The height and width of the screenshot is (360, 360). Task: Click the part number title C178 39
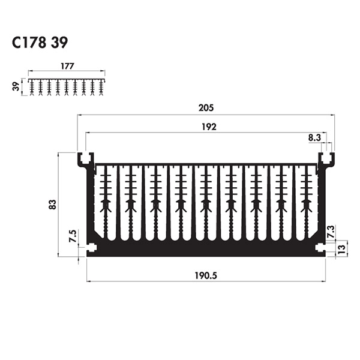click(40, 43)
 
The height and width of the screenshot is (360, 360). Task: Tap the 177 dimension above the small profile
click(67, 66)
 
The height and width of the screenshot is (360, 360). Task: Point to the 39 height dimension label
click(16, 86)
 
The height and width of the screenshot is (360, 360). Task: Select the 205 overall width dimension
click(206, 107)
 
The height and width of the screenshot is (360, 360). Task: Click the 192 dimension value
click(209, 127)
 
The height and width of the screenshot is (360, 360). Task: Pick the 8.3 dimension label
click(314, 137)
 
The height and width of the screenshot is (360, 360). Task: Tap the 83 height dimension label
click(53, 205)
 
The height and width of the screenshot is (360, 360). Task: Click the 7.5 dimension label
click(73, 236)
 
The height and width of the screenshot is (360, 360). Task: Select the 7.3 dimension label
click(331, 232)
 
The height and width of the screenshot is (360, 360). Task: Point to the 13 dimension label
click(341, 248)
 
